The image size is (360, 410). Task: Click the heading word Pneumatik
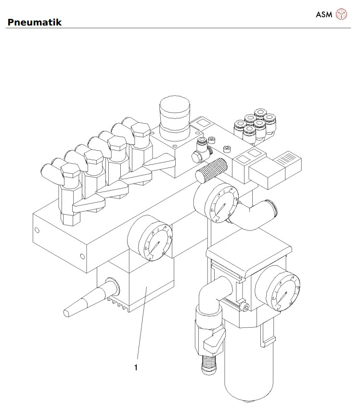pyautogui.click(x=34, y=22)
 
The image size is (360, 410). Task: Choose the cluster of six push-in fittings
pyautogui.click(x=253, y=124)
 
